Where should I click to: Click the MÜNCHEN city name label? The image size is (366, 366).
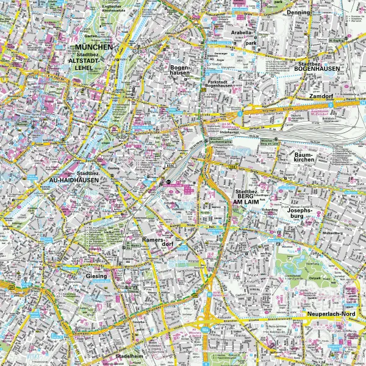click(x=93, y=47)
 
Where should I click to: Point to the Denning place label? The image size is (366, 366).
click(x=300, y=12)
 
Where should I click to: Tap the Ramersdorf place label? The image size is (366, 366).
click(x=154, y=244)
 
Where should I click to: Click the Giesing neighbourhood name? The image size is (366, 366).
click(x=96, y=276)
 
